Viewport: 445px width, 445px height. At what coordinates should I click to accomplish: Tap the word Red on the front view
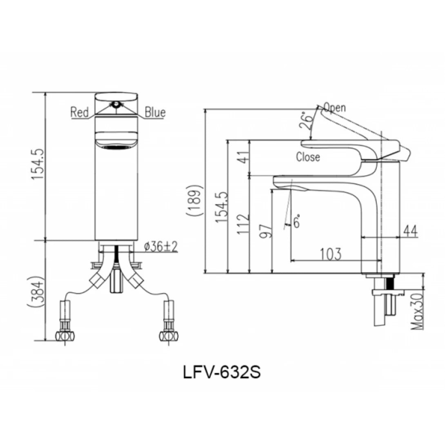(x=80, y=112)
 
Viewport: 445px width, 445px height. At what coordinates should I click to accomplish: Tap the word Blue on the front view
(x=155, y=112)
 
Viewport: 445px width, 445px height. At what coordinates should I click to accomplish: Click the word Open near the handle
(x=335, y=107)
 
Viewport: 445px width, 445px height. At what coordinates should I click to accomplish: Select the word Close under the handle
(x=308, y=157)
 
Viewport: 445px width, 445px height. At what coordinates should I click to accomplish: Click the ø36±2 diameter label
(x=161, y=247)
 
